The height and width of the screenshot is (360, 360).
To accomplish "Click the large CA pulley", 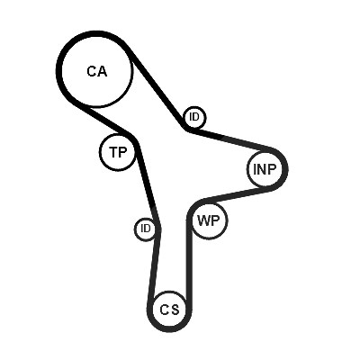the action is pos(96,71).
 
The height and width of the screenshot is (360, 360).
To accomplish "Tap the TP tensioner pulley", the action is pos(119,152).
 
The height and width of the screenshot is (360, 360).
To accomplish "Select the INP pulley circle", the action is pos(265,169).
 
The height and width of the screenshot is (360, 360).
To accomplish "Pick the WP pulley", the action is pos(209,221).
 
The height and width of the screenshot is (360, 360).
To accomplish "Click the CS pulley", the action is pos(169,310).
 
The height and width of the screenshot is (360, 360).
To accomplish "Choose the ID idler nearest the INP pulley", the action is pos(194,117).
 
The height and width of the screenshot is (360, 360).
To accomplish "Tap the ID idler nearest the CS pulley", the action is pos(146,229).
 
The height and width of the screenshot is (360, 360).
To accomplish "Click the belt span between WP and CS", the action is pos(189,258).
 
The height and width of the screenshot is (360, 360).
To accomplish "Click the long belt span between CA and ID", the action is pos(156,87).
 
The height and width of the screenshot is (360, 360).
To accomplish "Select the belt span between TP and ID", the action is pos(148,183).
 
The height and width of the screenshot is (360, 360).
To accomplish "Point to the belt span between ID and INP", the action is pos(231,139).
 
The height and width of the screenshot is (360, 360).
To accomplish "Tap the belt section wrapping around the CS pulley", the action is pos(169,329).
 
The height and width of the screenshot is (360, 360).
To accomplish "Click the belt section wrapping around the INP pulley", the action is pos(285,169).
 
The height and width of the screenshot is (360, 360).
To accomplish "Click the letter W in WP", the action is pos(203,221).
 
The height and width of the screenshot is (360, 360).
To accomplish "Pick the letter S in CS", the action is pos(175,310).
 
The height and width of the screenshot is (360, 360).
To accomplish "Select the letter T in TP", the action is pos(114,152).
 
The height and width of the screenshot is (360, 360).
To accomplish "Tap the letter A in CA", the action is pos(102,71).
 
